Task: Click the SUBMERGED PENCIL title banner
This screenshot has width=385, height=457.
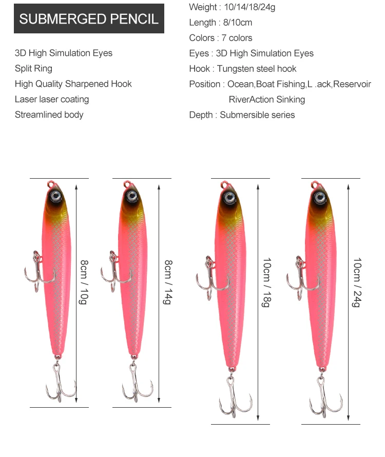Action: tap(89, 19)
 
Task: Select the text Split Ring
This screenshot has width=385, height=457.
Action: tap(33, 68)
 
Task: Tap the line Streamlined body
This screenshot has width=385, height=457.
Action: tap(49, 115)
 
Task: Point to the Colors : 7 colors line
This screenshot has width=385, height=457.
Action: tap(220, 37)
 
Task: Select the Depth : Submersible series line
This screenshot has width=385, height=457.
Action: tap(242, 115)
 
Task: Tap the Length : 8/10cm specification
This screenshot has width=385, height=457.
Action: tap(220, 22)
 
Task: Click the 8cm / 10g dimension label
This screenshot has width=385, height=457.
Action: tap(84, 282)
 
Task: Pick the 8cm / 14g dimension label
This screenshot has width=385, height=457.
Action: tap(167, 282)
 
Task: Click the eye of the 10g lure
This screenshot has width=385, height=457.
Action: tap(56, 196)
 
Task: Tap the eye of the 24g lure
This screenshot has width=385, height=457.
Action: tap(319, 197)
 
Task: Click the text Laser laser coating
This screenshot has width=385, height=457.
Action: tap(52, 99)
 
